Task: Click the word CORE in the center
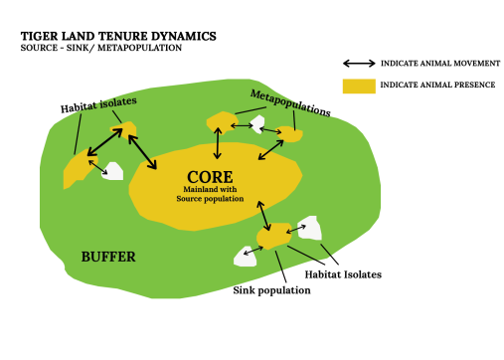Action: (x=210, y=177)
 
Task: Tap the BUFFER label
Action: (x=108, y=257)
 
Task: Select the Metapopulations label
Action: (x=290, y=103)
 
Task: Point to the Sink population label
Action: (x=271, y=290)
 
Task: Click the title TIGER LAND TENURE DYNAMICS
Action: (x=118, y=36)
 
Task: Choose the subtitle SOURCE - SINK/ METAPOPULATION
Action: (x=101, y=48)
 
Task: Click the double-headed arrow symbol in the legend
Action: (x=359, y=64)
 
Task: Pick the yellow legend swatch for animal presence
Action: (x=359, y=87)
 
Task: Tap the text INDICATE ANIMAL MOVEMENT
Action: (x=440, y=64)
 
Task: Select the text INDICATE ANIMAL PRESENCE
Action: (x=437, y=85)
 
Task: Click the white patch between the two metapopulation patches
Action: (x=258, y=124)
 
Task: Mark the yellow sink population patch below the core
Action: (x=274, y=236)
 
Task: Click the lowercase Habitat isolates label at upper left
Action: (x=98, y=105)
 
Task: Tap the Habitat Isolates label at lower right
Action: (x=343, y=274)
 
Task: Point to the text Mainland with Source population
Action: (x=210, y=194)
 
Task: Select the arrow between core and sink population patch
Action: (x=264, y=216)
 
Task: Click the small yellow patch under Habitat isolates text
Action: (x=123, y=129)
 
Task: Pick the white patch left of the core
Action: (x=112, y=171)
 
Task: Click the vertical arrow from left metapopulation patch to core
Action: (x=218, y=143)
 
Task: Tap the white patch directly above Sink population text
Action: (x=245, y=257)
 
